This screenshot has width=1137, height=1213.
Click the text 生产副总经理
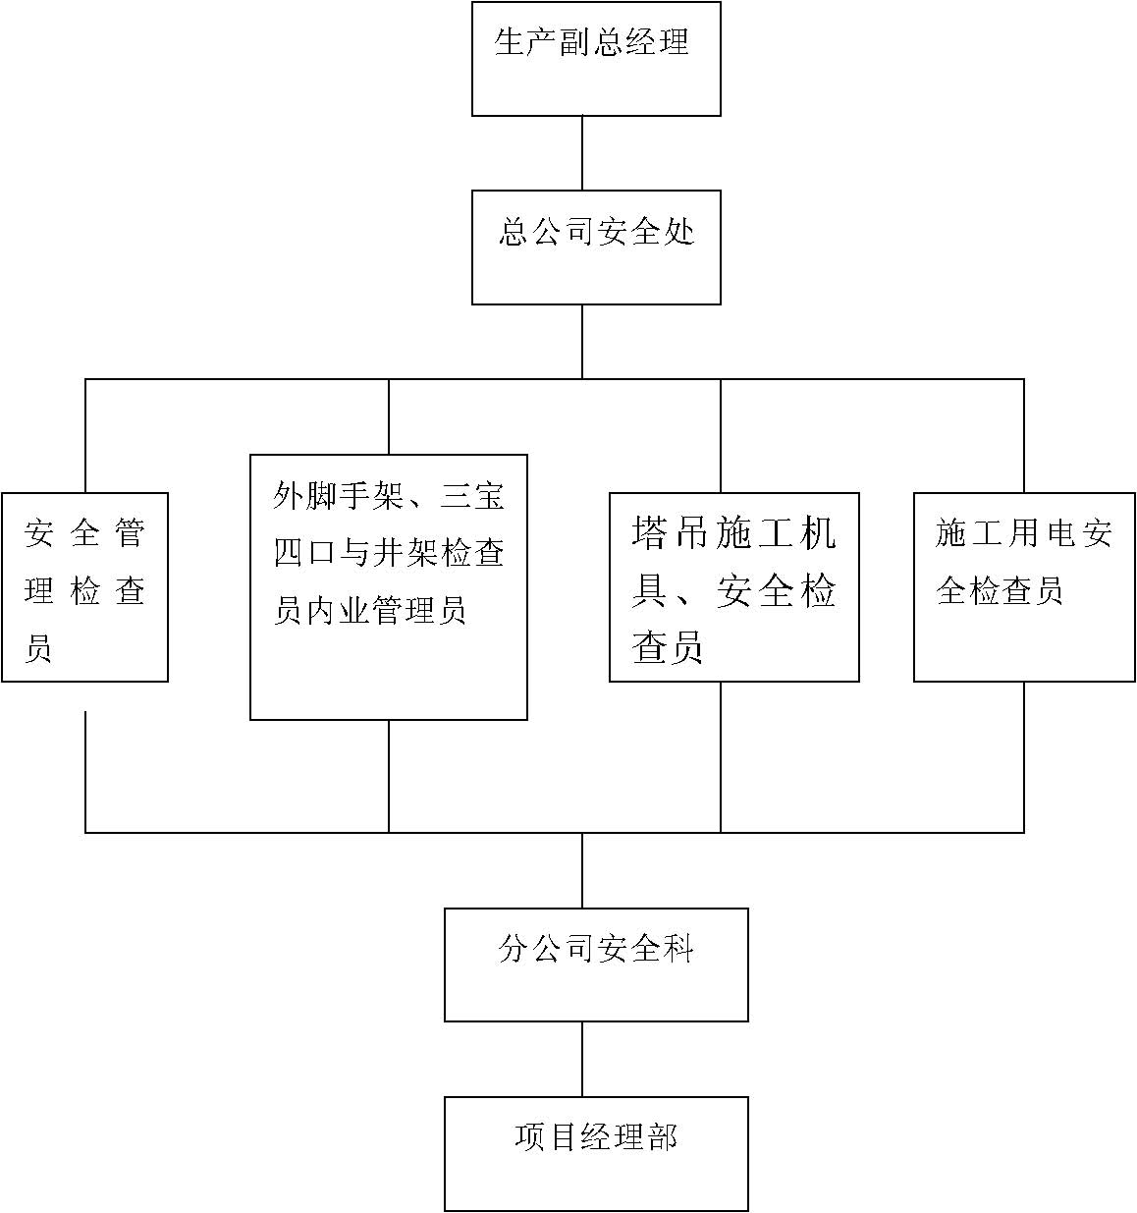point(592,42)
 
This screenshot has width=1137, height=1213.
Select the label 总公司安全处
point(597,232)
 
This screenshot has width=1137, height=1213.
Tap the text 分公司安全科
point(595,949)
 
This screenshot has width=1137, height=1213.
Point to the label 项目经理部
point(595,1137)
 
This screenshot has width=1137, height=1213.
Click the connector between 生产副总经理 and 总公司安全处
point(582,152)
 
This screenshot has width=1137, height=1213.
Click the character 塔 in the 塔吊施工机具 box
point(649,532)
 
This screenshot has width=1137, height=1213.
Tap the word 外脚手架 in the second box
point(338,495)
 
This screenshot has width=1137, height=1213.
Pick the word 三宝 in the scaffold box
point(472,495)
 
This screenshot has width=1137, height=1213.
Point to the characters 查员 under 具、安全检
point(667,647)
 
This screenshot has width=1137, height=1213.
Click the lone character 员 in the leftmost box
point(38,647)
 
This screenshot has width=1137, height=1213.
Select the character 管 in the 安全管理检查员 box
point(130,532)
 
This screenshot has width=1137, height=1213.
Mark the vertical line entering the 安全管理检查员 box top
point(84,436)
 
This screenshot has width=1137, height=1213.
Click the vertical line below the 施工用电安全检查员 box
point(1024,756)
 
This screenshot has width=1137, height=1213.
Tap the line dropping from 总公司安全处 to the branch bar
point(582,342)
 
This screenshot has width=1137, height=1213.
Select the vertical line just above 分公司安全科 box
point(582,870)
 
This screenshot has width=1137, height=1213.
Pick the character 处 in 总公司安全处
point(679,232)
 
